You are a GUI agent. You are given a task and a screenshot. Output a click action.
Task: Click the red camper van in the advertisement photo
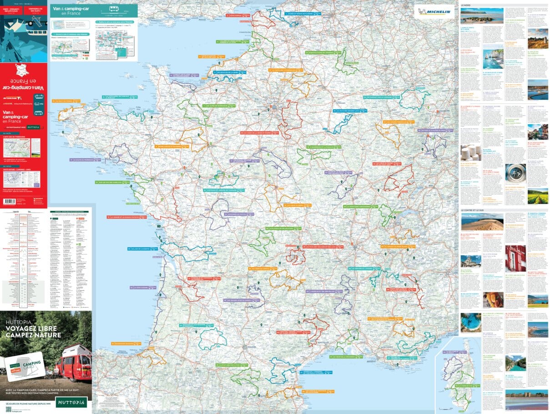point(74,363)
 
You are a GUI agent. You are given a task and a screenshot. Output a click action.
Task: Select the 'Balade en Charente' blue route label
point(142,249)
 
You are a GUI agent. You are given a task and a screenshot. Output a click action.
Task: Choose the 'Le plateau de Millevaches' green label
point(284,228)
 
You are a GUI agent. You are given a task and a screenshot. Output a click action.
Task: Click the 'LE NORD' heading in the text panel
point(466,5)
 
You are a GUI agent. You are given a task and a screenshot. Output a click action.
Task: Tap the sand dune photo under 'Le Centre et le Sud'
point(482,222)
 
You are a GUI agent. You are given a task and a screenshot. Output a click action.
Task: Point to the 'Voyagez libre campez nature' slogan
point(33,329)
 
